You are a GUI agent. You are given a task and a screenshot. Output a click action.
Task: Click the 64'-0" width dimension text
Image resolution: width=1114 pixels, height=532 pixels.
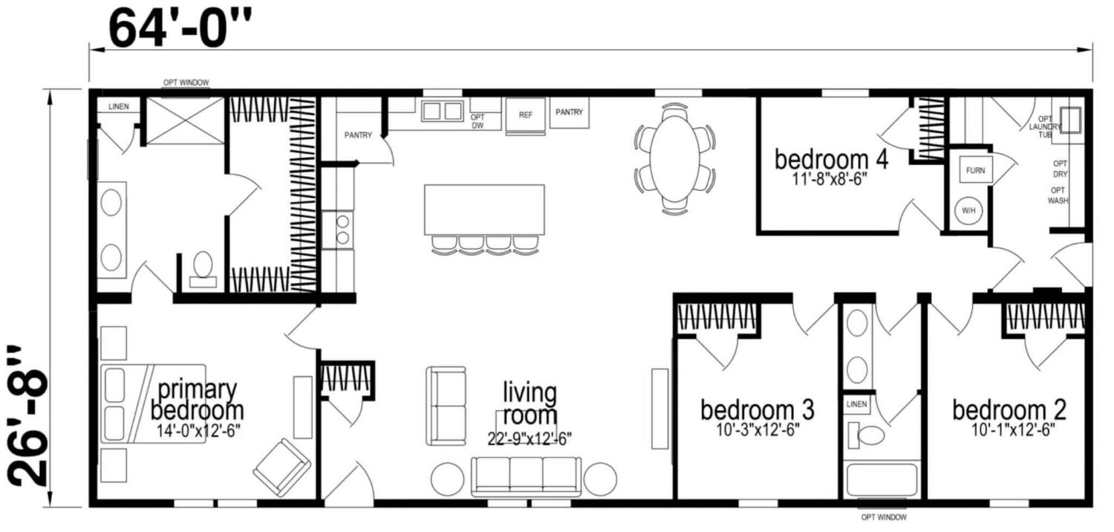click(x=180, y=28)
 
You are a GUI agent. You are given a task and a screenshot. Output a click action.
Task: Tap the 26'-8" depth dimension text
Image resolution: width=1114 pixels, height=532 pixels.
click(x=28, y=415)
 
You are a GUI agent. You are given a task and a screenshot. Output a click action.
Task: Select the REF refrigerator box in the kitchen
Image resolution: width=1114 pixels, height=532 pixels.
click(x=526, y=115)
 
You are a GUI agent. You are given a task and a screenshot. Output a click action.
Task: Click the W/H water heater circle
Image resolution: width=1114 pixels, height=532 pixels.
click(x=968, y=210)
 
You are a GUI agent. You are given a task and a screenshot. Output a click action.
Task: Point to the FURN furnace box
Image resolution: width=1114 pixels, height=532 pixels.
click(x=975, y=170)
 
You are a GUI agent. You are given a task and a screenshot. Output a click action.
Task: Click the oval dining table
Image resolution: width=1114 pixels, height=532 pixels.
click(x=675, y=159)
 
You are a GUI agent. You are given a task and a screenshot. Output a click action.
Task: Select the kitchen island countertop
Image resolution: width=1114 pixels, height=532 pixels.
click(x=484, y=210)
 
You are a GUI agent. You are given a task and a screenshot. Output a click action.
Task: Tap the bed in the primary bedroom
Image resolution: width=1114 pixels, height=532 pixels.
click(x=153, y=403)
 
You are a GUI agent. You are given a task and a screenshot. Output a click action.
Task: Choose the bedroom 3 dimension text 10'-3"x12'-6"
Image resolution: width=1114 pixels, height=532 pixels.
click(x=758, y=429)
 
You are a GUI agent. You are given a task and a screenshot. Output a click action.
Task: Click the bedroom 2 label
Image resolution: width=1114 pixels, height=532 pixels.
click(x=1009, y=410)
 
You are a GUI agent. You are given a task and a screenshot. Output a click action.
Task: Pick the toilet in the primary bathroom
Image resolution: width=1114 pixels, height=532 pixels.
click(x=203, y=269)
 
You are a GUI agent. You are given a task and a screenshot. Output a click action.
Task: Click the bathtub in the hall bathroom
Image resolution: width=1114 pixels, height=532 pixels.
click(x=882, y=480)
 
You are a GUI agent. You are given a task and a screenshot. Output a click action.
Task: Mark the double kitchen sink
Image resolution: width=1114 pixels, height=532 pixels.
click(x=442, y=111)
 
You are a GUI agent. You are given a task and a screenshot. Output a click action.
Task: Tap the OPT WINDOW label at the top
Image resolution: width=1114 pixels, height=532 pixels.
click(x=186, y=82)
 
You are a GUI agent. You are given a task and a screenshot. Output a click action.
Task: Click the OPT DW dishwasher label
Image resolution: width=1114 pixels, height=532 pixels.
click(x=478, y=121)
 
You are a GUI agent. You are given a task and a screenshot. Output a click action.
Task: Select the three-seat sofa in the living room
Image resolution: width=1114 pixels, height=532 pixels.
click(x=526, y=477)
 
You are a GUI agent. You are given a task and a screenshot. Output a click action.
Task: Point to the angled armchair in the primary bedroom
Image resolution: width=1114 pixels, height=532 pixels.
click(x=282, y=468)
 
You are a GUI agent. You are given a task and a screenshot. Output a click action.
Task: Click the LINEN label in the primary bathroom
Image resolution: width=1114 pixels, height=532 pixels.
click(x=119, y=106)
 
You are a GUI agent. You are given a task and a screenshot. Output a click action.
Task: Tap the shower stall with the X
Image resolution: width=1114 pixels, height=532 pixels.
click(x=186, y=121)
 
